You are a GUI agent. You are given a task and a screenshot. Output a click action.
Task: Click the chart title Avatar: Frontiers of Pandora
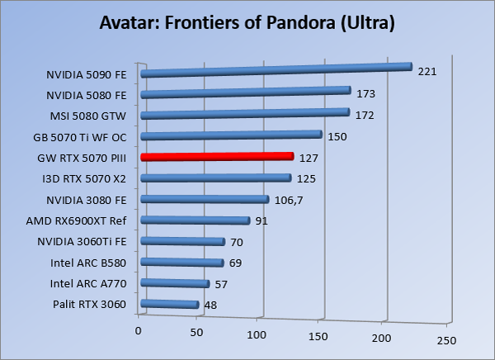point(247,21)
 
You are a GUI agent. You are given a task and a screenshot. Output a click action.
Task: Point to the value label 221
point(427,72)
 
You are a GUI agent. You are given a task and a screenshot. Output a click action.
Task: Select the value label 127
point(308,157)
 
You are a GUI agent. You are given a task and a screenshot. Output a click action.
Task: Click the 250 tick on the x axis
point(445,340)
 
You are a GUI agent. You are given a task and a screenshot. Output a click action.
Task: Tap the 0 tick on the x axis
point(139,330)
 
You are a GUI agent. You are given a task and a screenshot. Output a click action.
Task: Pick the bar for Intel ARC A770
point(176,284)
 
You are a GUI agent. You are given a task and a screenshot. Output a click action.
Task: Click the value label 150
point(337,135)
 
